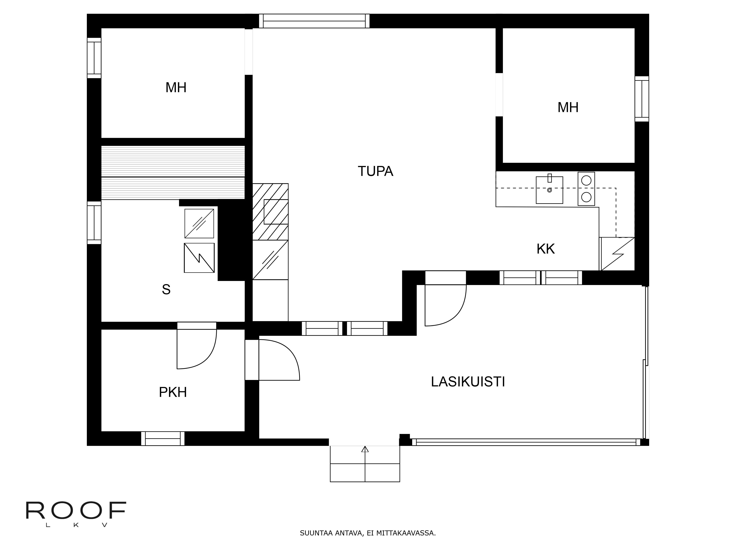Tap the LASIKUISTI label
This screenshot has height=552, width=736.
tap(468, 382)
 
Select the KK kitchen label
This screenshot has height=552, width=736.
tap(545, 249)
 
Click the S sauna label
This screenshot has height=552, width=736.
tap(166, 289)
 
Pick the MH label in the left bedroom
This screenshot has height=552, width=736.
tap(176, 88)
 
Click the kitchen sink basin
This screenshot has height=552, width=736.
tap(549, 190)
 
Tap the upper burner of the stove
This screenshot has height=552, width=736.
tap(586, 180)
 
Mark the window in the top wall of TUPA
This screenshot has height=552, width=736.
tap(314, 21)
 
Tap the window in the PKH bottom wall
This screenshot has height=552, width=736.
tap(163, 438)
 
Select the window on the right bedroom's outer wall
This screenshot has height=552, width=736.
tap(641, 99)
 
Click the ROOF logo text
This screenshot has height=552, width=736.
tap(76, 511)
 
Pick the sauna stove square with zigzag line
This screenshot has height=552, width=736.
tap(199, 258)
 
